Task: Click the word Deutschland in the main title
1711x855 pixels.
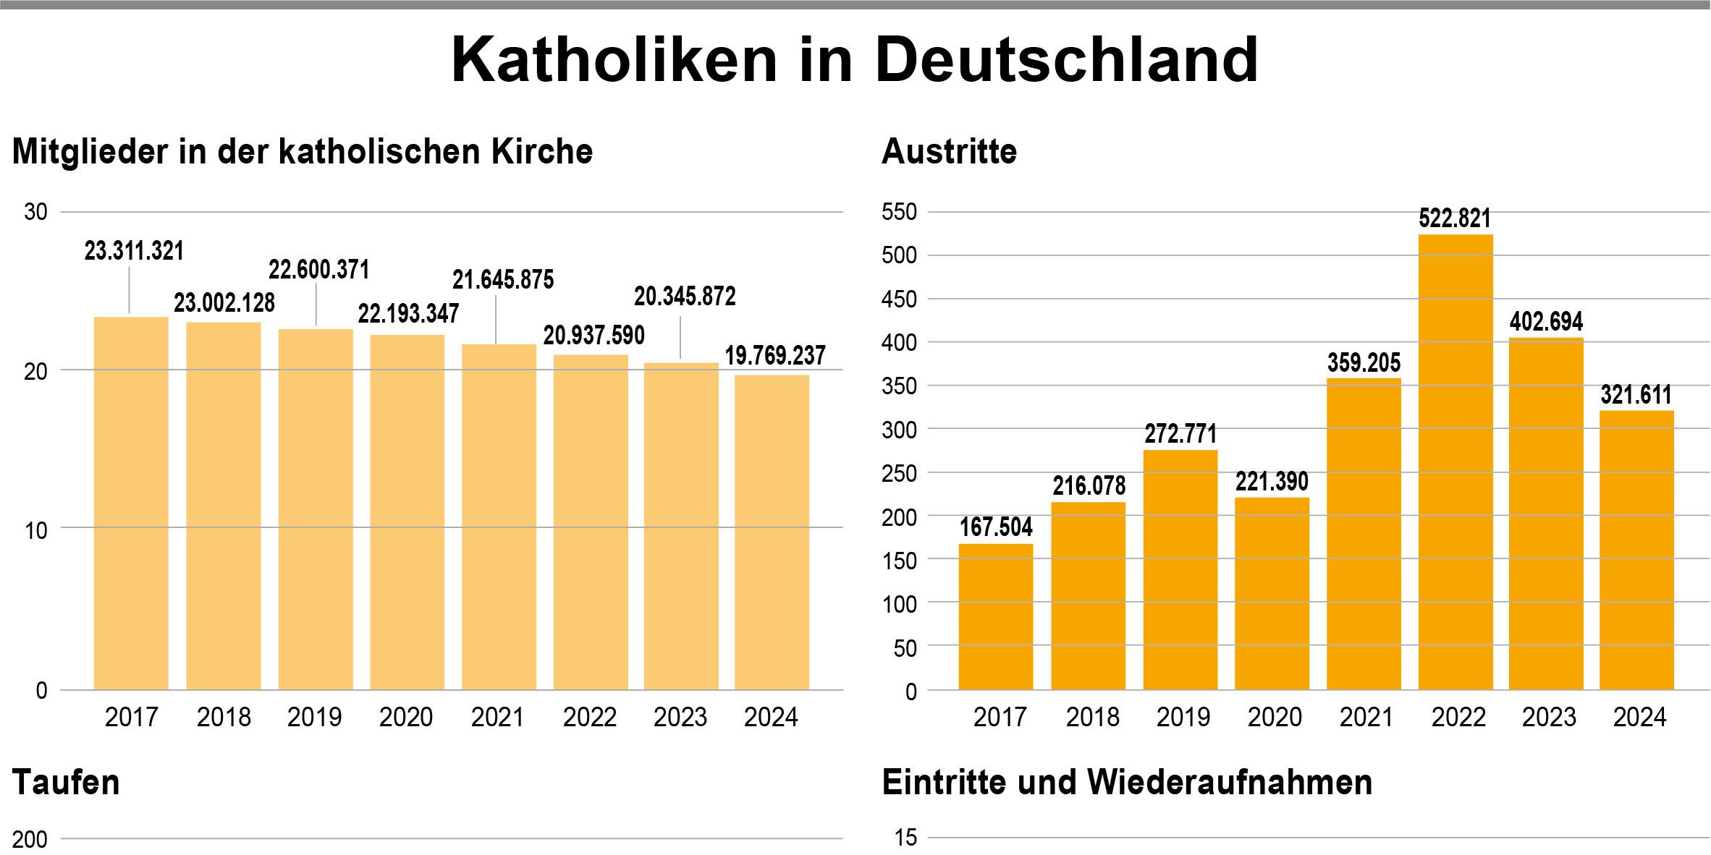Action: tap(1066, 60)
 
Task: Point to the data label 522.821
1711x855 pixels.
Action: tap(1455, 218)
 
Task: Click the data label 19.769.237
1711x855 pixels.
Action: tap(775, 355)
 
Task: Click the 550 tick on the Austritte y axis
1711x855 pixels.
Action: tap(899, 212)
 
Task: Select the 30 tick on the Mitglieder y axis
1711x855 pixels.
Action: tap(35, 212)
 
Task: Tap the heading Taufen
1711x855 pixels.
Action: tap(66, 783)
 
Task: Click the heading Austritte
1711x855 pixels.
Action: tap(949, 152)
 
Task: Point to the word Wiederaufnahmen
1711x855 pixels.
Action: tap(1230, 783)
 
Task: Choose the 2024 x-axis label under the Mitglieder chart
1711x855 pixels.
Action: tap(771, 717)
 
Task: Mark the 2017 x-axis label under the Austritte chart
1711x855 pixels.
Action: tap(1000, 717)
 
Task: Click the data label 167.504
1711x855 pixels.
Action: tap(996, 527)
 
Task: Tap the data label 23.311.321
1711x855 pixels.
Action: tap(134, 251)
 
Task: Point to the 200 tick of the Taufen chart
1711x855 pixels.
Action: tap(30, 839)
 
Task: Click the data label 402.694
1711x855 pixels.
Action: tap(1546, 321)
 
